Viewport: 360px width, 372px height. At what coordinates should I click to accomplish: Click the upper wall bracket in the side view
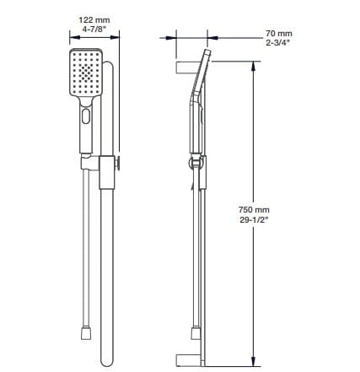click(x=186, y=67)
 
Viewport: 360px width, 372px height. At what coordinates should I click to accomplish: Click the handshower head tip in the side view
click(x=207, y=51)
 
